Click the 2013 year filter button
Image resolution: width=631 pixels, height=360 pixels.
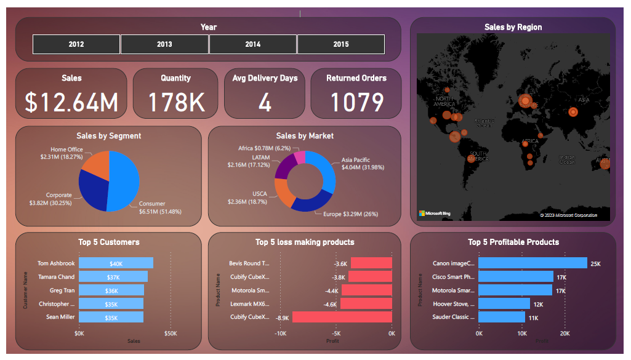164,44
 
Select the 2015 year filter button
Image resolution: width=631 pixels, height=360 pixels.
341,44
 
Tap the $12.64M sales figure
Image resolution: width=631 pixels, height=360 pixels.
71,102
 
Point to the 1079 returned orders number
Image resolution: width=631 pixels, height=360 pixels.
356,102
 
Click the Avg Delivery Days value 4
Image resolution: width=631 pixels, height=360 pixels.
265,102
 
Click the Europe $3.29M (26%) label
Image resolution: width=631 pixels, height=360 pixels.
350,214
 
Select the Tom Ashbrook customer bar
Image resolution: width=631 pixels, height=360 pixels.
116,263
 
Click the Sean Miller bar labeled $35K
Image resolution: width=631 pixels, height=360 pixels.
111,318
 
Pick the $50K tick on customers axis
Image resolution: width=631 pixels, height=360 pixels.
171,334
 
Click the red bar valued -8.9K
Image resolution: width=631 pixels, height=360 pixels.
342,318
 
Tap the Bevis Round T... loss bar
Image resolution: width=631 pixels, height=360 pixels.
371,263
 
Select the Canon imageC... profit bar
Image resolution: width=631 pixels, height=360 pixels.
533,263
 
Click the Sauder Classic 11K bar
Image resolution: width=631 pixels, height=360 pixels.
502,318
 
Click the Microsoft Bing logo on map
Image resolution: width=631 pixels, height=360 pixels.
435,214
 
